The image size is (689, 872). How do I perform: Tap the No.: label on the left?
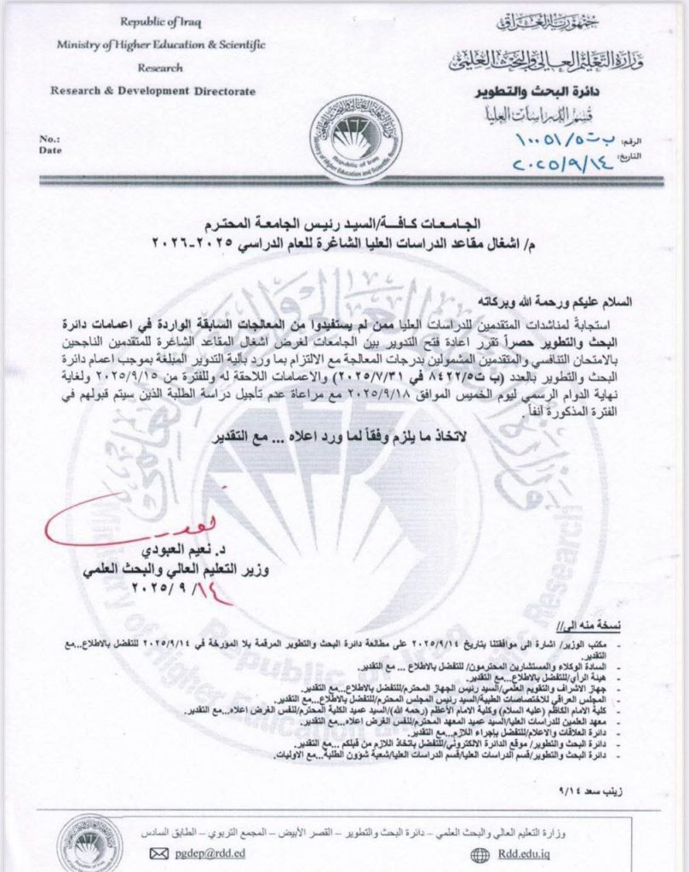coord(50,137)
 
